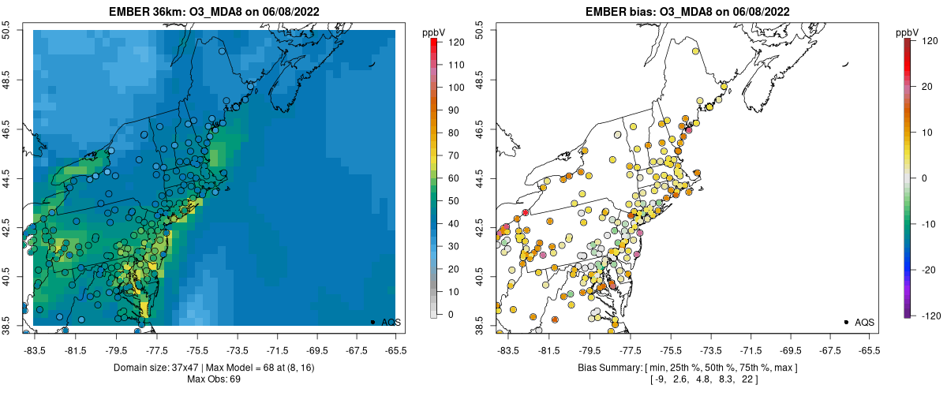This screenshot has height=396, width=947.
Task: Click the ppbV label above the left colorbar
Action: click(434, 32)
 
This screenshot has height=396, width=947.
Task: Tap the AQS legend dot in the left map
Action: click(372, 322)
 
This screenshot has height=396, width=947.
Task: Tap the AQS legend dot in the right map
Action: click(846, 322)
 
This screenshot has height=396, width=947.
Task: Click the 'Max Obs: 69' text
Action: click(214, 379)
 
